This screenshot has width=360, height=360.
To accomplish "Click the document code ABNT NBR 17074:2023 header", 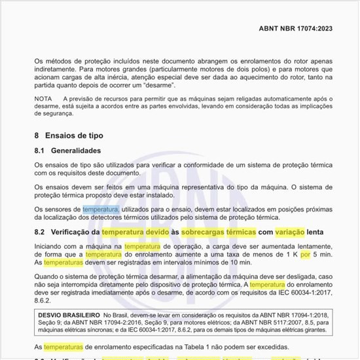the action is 295,29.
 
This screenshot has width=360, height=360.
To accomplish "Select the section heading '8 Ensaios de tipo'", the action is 68,135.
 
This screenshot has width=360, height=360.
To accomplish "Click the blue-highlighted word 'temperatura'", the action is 100,208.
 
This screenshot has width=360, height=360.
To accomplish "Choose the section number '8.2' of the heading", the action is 39,232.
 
